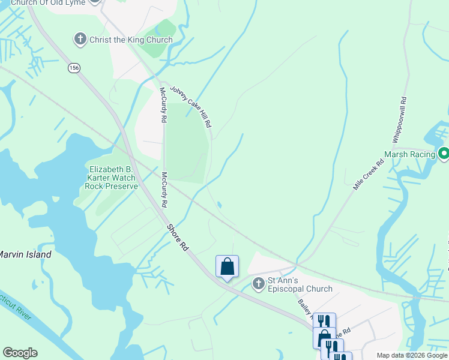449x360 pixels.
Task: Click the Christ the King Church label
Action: point(131,40)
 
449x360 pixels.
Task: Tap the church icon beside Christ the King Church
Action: point(80,40)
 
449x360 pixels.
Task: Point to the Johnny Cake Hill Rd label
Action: point(191,106)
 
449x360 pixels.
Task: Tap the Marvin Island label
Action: point(25,254)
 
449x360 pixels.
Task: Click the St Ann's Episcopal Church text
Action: point(300,284)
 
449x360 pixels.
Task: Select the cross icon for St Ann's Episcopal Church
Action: point(258,283)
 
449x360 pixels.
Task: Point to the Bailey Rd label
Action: point(304,303)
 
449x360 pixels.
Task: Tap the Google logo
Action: point(20,353)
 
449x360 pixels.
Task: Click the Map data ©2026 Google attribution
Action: point(412,355)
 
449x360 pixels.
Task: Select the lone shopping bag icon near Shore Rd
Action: point(228,266)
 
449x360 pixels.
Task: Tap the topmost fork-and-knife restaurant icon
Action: point(324,322)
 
